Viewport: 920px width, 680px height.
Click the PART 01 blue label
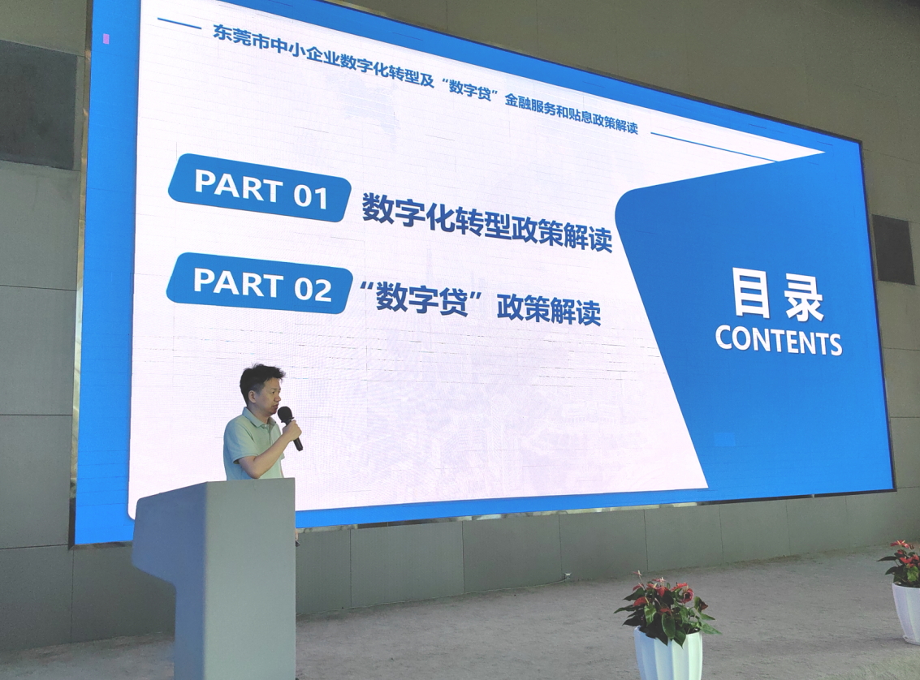(x=259, y=188)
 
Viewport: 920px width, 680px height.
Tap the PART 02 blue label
(x=260, y=284)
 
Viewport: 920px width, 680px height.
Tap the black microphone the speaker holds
(x=290, y=428)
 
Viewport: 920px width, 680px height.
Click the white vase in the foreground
(x=668, y=653)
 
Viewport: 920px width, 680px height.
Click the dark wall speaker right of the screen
(x=892, y=250)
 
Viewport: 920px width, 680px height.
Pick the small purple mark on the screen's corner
(x=106, y=39)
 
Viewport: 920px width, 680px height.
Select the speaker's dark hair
(x=261, y=377)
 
